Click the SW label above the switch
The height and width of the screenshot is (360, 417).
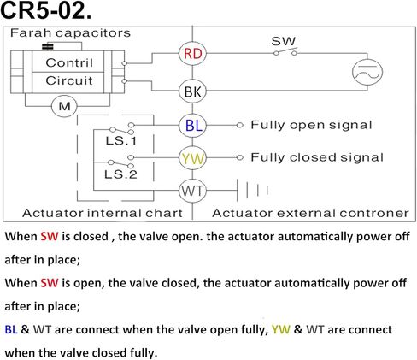click(284, 41)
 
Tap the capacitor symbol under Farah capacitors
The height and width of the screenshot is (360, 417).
click(48, 46)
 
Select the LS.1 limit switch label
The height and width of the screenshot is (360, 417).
click(121, 140)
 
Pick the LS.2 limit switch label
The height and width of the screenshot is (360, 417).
click(120, 174)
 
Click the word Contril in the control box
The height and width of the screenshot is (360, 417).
click(69, 62)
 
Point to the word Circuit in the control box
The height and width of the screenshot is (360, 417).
click(69, 80)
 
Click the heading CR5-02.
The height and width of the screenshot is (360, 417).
click(46, 11)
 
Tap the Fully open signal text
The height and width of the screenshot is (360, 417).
click(311, 125)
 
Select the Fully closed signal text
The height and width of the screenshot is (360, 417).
click(317, 157)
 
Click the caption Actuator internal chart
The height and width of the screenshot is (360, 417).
click(103, 213)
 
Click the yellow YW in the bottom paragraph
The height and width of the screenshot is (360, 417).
click(280, 329)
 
